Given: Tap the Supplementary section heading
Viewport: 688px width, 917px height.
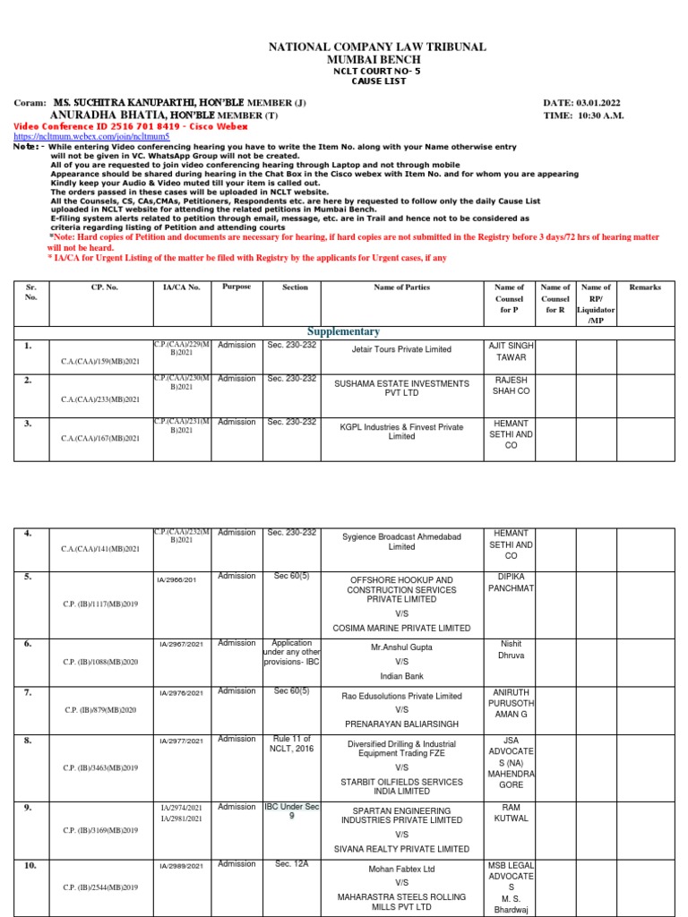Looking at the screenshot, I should [x=344, y=331].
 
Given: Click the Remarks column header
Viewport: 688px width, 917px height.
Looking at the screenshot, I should [x=645, y=287].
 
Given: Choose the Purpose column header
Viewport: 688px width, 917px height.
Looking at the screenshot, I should [x=236, y=287].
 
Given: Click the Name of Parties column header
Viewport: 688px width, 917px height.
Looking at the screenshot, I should [x=401, y=287].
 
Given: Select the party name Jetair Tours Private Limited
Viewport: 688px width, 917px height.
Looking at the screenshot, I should [x=401, y=349].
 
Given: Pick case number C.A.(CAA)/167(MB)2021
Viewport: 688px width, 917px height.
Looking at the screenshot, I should [x=100, y=438].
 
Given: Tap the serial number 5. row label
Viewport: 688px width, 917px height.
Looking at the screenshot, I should [x=29, y=577].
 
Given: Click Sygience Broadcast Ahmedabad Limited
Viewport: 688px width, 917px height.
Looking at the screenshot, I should [x=401, y=541].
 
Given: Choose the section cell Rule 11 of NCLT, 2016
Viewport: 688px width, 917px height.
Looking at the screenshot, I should [x=294, y=743].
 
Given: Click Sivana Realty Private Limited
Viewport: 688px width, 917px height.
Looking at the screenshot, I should [x=401, y=849].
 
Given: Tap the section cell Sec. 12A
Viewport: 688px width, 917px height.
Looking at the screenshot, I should [x=294, y=864].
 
